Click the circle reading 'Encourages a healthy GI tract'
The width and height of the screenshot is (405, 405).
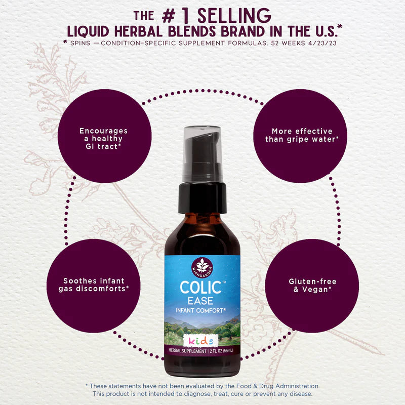click(x=104, y=138)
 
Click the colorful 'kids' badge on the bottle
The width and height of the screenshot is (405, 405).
click(x=201, y=340)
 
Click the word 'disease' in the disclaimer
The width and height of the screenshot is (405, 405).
click(x=301, y=393)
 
